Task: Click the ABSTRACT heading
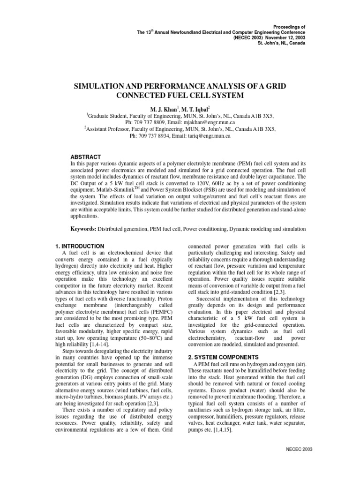click(x=85, y=157)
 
